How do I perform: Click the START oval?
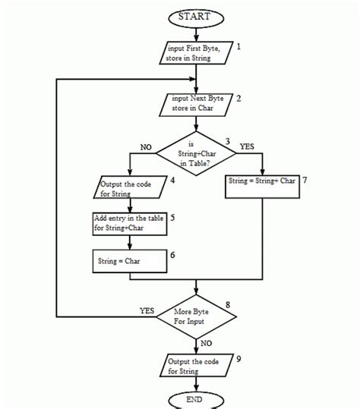[x=197, y=16]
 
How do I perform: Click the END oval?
[x=197, y=399]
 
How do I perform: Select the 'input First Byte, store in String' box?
[x=197, y=53]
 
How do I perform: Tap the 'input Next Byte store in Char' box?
[x=196, y=104]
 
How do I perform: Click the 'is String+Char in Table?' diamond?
[x=196, y=154]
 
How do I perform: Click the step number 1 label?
[x=238, y=47]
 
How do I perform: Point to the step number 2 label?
[x=238, y=99]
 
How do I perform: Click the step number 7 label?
[x=304, y=181]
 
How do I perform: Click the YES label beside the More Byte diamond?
[x=147, y=310]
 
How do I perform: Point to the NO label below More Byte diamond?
[x=206, y=344]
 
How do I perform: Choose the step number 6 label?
[x=173, y=255]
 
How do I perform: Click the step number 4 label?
[x=173, y=180]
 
